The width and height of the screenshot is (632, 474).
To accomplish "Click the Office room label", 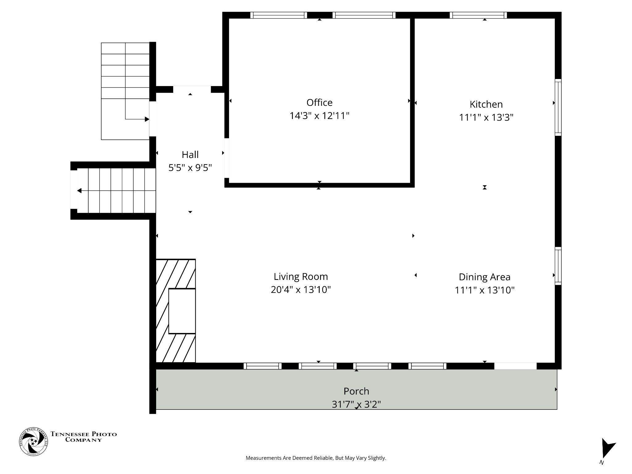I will (319, 102).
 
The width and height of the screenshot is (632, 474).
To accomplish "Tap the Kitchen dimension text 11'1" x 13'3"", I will (486, 118).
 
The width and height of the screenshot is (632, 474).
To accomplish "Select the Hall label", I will (190, 155).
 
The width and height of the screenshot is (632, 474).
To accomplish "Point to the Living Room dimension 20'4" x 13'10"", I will (301, 290).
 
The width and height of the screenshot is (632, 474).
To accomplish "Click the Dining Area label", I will (484, 277).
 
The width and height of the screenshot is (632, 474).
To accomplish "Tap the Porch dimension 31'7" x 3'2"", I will (356, 404).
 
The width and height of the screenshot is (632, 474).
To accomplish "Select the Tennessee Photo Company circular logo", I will (33, 442).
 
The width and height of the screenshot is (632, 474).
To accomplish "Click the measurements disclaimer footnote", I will (316, 458).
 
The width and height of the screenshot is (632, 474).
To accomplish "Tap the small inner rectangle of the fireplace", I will (182, 311).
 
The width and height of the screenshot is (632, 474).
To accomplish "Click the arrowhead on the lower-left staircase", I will (79, 191).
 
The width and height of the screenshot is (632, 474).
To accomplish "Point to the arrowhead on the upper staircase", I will (147, 119).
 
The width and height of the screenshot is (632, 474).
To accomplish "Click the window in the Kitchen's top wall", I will (478, 15).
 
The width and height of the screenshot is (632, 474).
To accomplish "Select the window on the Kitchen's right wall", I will (558, 107).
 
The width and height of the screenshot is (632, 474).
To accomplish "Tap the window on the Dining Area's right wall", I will (558, 266).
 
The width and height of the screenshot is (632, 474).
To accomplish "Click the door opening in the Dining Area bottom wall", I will (515, 366).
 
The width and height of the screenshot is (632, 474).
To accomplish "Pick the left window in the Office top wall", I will (278, 15).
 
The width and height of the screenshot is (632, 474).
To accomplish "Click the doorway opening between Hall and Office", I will (227, 158).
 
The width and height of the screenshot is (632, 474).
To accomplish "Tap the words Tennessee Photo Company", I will (84, 437).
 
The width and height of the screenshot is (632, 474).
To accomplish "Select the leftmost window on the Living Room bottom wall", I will (263, 366).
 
